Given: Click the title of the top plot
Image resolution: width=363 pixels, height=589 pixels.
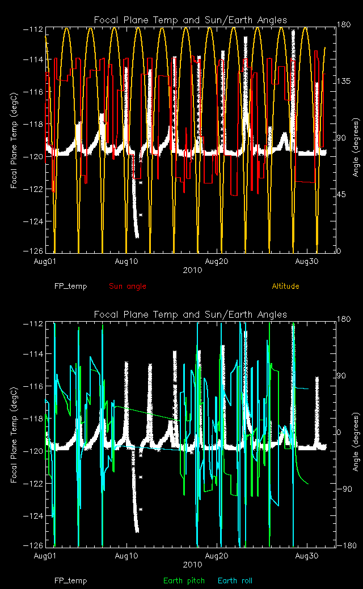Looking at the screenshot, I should coord(191,20).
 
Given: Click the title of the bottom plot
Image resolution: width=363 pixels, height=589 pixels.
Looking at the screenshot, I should coord(191,314).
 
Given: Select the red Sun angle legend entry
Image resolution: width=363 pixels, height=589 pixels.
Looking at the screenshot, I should coord(128,286).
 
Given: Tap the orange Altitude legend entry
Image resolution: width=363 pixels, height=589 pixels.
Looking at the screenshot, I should coord(285,286).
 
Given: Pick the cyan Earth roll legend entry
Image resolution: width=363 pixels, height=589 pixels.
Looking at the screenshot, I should coord(235,581).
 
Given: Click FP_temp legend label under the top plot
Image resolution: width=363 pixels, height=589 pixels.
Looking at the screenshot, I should coord(71,286).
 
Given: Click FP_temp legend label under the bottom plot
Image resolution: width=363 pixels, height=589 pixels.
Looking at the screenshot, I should coord(71,581).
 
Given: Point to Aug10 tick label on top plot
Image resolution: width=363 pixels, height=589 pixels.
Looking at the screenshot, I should coord(126,262).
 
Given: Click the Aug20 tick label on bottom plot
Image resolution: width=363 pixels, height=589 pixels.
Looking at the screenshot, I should coord(219,556).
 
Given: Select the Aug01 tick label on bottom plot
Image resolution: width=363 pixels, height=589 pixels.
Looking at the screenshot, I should coord(47,556).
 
